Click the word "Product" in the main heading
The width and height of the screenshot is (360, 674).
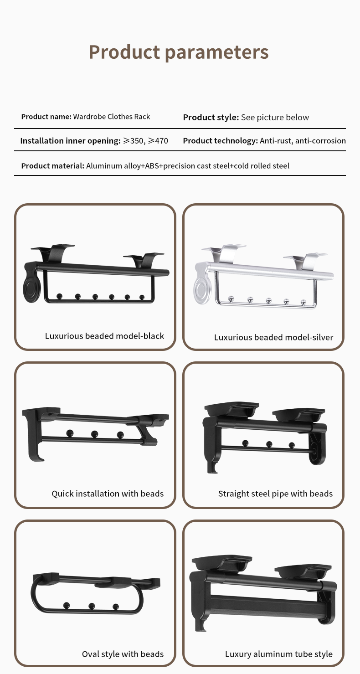pos(124,52)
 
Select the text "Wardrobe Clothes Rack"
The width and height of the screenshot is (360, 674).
pos(111,117)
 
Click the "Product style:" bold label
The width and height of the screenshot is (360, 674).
pos(211,118)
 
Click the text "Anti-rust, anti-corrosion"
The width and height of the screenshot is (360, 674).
pos(303,141)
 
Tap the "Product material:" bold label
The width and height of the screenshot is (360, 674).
pos(53,166)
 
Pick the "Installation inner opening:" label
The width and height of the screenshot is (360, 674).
pos(71,141)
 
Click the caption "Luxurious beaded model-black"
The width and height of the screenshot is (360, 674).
pos(104,336)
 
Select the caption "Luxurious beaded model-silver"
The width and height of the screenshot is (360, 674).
pos(273,337)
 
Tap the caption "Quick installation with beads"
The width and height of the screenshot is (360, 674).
pos(108,494)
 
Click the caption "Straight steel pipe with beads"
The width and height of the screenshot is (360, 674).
pos(275,494)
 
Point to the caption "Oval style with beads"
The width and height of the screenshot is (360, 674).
pos(123,654)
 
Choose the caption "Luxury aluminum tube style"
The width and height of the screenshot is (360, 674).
pos(279,654)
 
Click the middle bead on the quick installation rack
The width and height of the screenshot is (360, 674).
pos(94,434)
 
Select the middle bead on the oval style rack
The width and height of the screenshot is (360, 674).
pos(92,606)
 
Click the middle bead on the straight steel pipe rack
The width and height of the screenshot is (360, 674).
pos(269,444)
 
